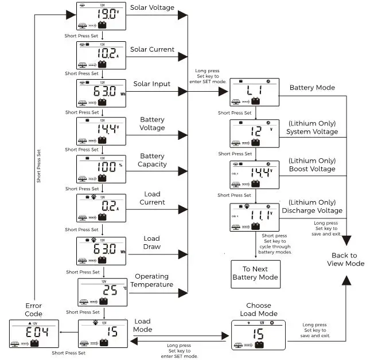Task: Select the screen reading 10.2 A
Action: point(101,55)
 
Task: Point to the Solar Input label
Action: point(152,84)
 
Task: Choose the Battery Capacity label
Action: point(152,160)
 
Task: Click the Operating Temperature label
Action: point(152,280)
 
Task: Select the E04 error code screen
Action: point(34,334)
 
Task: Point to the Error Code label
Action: point(34,310)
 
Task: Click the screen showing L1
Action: point(254,92)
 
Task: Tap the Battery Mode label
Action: point(312,88)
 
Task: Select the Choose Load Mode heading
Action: point(259,310)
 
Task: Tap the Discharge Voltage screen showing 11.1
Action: point(254,218)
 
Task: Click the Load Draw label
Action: point(152,242)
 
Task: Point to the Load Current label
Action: point(152,198)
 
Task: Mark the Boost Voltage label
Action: point(312,166)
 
